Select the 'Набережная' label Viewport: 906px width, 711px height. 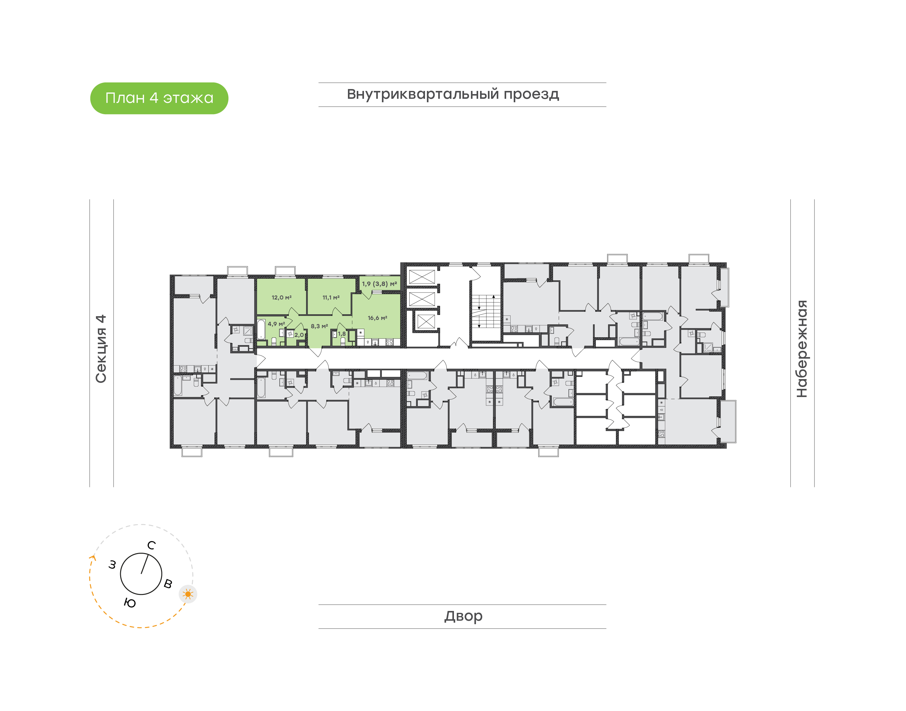pos(802,349)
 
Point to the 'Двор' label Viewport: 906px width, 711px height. pos(463,616)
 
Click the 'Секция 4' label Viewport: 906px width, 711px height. pos(101,349)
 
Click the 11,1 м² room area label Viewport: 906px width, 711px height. pos(331,298)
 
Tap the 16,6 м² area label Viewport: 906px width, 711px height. pos(377,318)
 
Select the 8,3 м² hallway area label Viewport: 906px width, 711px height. pos(319,326)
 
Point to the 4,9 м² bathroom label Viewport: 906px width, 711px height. pos(276,324)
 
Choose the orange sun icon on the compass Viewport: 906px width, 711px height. pos(188,594)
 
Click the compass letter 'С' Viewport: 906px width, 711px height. pos(152,545)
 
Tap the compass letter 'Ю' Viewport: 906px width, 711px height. pos(130,603)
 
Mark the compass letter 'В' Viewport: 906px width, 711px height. pos(168,584)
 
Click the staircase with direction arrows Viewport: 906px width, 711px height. pos(486,312)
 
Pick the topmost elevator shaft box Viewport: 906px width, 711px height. pos(422,277)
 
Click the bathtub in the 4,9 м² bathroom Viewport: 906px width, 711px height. pos(261,330)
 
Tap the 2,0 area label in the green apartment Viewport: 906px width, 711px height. pos(299,335)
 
